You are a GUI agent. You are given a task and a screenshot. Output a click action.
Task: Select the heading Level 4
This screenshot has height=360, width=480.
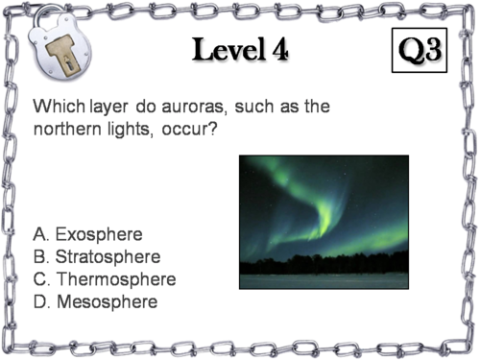[x=240, y=50]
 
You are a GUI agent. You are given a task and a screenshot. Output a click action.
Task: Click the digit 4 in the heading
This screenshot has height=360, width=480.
[x=277, y=51]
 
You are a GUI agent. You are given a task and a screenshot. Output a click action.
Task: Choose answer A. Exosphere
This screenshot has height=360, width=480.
[x=87, y=234]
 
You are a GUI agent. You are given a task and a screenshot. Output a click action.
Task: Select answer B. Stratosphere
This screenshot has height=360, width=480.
[x=96, y=257]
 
